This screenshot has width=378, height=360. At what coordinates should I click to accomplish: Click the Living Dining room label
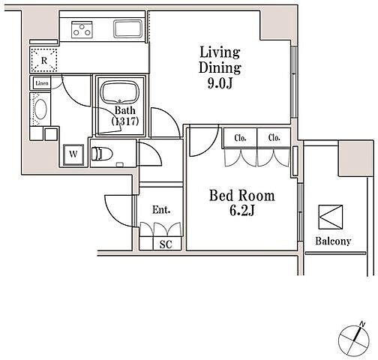click(220, 60)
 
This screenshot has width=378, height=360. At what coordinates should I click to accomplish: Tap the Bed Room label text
click(242, 196)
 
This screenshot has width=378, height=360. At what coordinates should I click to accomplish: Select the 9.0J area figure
click(220, 83)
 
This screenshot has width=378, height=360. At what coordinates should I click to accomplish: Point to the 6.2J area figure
click(242, 211)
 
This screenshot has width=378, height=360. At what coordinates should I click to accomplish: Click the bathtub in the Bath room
click(120, 92)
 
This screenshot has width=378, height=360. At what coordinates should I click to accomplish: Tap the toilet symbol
click(102, 154)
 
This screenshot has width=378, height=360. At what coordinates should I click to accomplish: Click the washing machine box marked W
click(73, 154)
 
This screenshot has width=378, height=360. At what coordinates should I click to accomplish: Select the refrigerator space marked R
click(44, 60)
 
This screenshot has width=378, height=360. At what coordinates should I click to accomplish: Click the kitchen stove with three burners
click(82, 30)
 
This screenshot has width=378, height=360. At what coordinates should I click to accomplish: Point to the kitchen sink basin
click(127, 28)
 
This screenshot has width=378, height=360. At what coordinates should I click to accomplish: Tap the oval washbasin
click(40, 109)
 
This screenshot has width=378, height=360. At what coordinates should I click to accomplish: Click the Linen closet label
click(42, 83)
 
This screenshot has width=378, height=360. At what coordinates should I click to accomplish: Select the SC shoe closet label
click(166, 244)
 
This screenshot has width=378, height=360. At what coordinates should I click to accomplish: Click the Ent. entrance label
click(161, 210)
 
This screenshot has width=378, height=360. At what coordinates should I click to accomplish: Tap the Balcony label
click(333, 241)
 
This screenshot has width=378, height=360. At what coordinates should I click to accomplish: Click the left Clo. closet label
click(240, 138)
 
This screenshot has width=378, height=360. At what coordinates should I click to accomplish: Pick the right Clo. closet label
click(274, 138)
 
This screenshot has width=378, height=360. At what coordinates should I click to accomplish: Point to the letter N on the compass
click(362, 324)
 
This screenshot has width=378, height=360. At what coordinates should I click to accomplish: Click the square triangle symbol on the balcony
click(331, 217)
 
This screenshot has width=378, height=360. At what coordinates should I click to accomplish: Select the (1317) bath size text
click(125, 121)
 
